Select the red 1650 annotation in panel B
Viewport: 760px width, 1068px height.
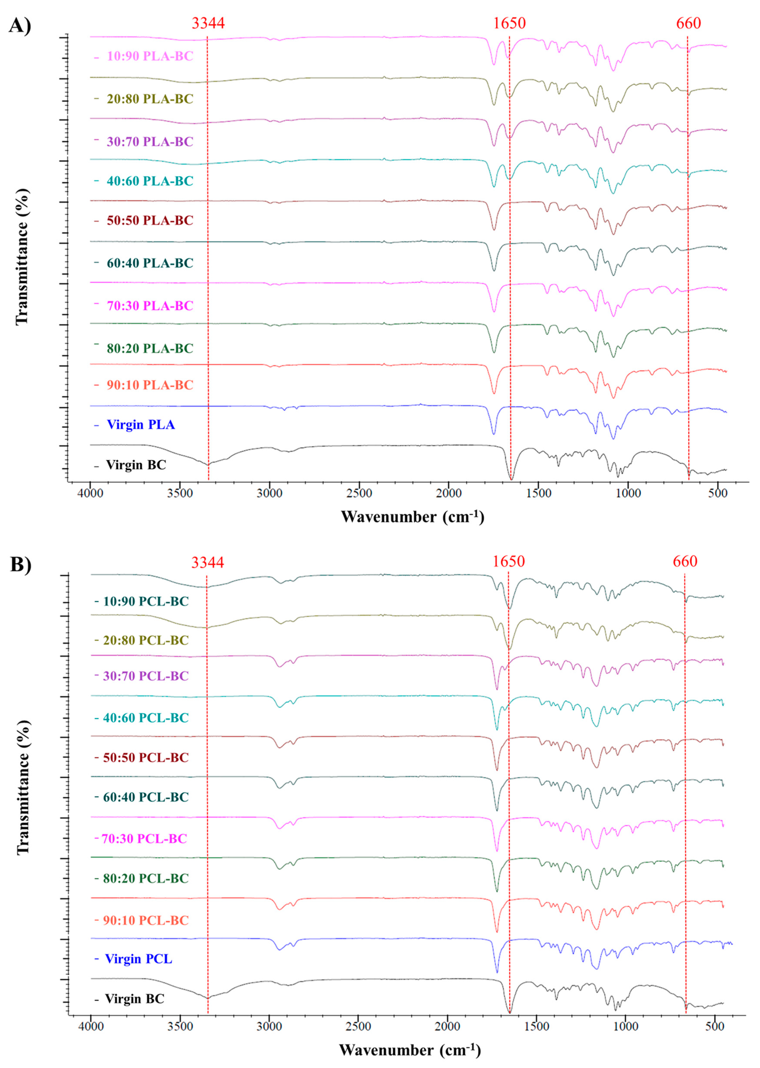[x=509, y=561]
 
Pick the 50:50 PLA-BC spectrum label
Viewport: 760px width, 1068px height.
[x=150, y=220]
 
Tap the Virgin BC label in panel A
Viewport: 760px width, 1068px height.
[x=136, y=465]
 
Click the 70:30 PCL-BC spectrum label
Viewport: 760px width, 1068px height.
[x=145, y=839]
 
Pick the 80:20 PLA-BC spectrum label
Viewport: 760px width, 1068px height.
[x=150, y=349]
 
